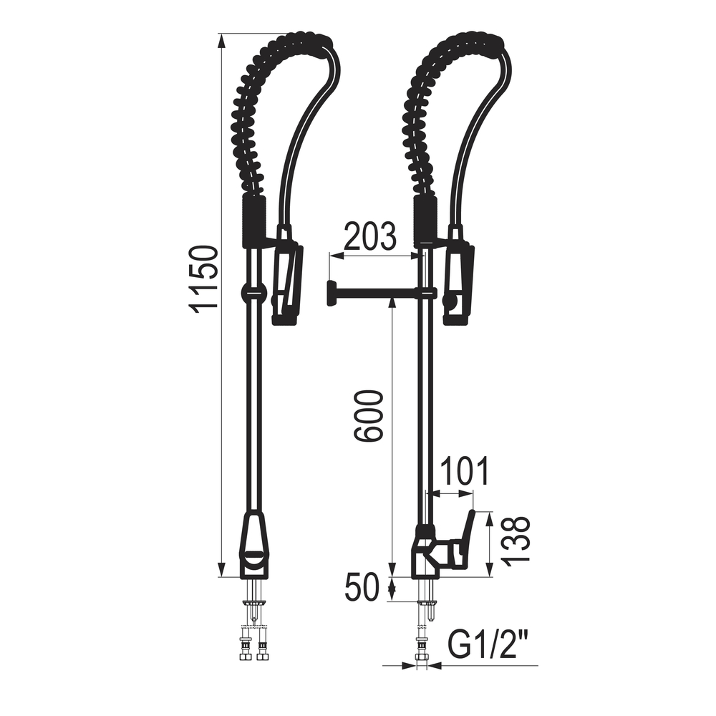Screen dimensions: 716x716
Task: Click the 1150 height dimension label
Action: (203, 279)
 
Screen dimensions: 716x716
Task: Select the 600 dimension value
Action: (367, 415)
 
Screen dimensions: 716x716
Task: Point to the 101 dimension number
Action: (463, 471)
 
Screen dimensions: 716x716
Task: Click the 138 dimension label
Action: (516, 540)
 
